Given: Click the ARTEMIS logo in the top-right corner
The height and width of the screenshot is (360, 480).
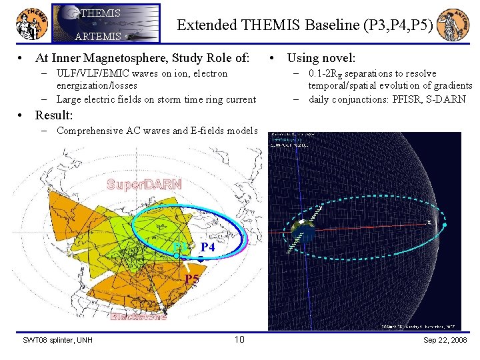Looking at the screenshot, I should (454, 24).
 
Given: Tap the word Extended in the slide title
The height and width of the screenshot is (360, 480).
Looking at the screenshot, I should (206, 25).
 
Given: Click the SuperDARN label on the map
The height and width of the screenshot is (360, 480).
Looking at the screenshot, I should (144, 185).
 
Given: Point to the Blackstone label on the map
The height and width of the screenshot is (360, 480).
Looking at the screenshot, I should (139, 317).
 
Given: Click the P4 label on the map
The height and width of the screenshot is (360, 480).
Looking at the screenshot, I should (208, 247).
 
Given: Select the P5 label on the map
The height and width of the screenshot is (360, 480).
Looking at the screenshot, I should (191, 279).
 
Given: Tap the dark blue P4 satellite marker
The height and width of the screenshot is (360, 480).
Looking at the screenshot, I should (199, 257).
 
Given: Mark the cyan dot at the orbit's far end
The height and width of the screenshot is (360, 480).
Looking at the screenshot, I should (445, 225).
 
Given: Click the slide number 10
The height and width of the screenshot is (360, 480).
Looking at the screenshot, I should (240, 341).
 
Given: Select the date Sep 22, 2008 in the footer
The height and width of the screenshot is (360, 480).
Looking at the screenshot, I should (445, 341).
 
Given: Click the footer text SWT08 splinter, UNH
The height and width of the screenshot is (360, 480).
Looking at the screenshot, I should (57, 341).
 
